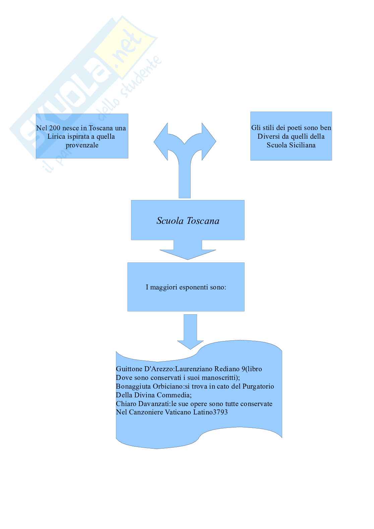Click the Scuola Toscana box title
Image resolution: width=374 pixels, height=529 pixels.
[x=188, y=221]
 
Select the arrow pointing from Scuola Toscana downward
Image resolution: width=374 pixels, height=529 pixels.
[x=188, y=250]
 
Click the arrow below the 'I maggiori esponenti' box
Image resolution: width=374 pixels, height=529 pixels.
[x=190, y=332]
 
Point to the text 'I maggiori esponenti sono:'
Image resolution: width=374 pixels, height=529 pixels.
[x=186, y=287]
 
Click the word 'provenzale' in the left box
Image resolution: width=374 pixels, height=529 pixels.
[x=82, y=145]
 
